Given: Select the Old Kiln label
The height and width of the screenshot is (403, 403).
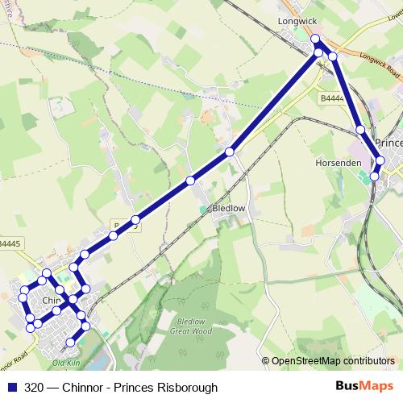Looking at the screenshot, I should pos(66,364).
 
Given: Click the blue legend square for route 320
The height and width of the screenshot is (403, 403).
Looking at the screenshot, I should pos(13,388).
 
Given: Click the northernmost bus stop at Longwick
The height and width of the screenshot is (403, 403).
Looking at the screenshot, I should pos(315,39).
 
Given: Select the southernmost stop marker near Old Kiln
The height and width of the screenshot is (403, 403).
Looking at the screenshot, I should pos(70,343).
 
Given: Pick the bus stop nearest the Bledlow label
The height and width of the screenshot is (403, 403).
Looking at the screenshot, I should pos(191,180).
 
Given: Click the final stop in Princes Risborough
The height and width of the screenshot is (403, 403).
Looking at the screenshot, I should pos(374,176).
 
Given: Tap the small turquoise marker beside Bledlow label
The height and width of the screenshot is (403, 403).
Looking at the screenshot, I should pos(202,210).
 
